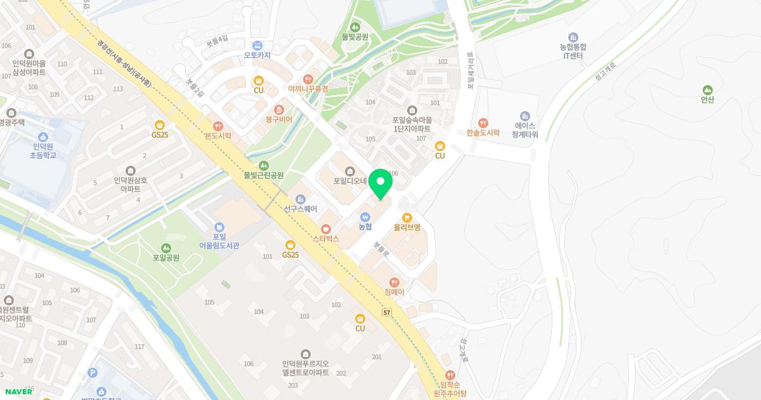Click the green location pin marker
tap(380, 184)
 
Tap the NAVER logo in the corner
tap(19, 391)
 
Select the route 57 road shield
tap(387, 312)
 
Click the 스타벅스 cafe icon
tap(326, 229)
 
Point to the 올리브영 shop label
tap(407, 227)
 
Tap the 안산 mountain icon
tap(707, 90)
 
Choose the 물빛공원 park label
tap(354, 37)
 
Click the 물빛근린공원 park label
tap(264, 175)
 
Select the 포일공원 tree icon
tap(166, 248)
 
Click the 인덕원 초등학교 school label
tap(42, 150)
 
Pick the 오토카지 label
tap(257, 55)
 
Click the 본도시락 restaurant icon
tap(218, 126)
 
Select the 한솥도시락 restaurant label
tap(483, 133)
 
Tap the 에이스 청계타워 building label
tap(524, 130)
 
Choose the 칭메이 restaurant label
tap(394, 292)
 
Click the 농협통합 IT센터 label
tap(573, 51)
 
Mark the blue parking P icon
tap(93, 373)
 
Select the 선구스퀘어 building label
tap(301, 209)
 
